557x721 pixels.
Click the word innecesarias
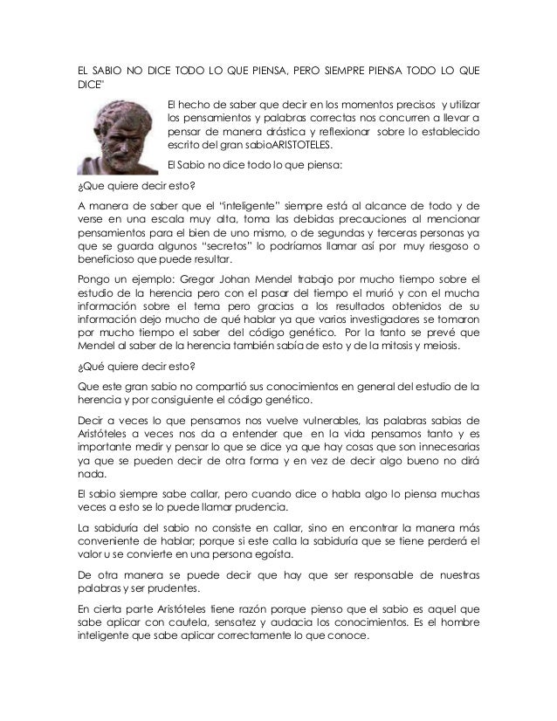point(437,450)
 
